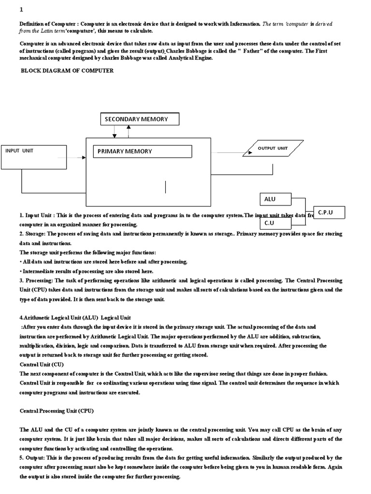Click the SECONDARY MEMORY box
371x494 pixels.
[x=140, y=119]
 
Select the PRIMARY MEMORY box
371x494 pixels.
[x=143, y=151]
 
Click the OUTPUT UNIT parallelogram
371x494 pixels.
[x=273, y=148]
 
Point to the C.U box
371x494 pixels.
[x=276, y=223]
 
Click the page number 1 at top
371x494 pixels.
[x=21, y=10]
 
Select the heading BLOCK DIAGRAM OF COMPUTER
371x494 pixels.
[x=67, y=70]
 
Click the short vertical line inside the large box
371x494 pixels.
[x=166, y=187]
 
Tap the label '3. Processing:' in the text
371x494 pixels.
[x=40, y=280]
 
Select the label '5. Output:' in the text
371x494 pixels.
[x=34, y=457]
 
